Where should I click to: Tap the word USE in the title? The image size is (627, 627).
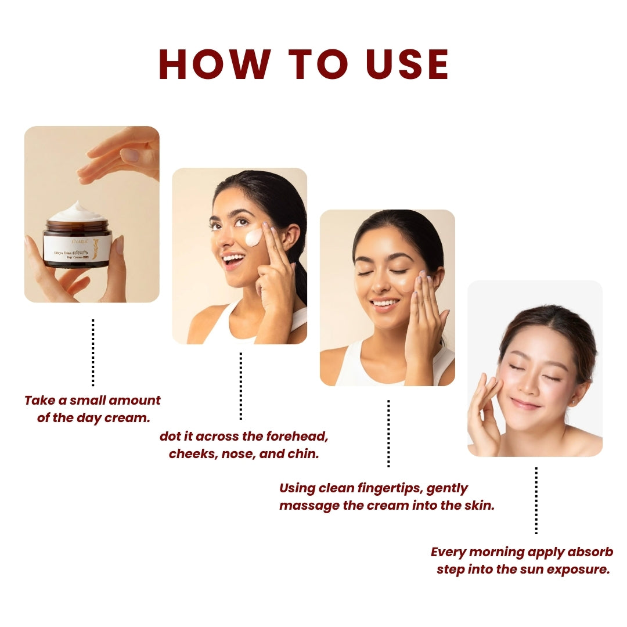tap(404, 64)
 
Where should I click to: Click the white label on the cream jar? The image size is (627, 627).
tap(77, 247)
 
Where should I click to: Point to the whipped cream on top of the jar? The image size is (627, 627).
tap(77, 212)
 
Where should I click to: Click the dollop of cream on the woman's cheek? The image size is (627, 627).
tap(254, 237)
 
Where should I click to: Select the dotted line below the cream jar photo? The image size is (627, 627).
tap(93, 352)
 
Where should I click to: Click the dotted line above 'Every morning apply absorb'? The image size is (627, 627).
tap(536, 500)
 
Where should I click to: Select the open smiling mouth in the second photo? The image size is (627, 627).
tap(233, 260)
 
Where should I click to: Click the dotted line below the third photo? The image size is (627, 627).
tap(388, 433)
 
